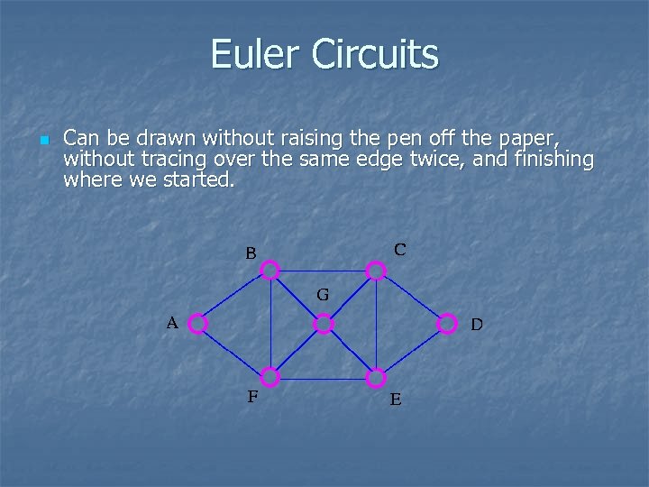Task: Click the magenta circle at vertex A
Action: [198, 323]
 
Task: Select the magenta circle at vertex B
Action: [270, 270]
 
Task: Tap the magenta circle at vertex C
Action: [376, 270]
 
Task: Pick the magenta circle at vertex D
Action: [446, 323]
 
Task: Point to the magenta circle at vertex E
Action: [376, 377]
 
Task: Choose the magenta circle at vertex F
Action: [270, 377]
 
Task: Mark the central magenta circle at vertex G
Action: [324, 323]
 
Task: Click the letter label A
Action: [171, 322]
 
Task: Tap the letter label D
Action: [476, 324]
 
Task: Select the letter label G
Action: [322, 295]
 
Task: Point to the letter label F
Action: [253, 395]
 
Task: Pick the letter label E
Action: [396, 399]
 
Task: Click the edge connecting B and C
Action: [323, 270]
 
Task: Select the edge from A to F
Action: [234, 350]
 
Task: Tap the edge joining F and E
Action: [323, 377]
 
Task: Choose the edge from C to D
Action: [411, 297]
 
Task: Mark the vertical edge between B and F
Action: [270, 323]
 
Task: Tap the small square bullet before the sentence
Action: [42, 141]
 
